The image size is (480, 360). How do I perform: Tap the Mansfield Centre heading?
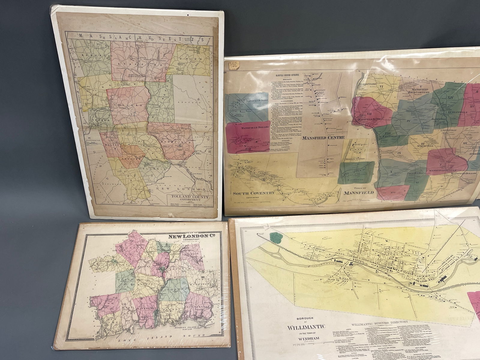point(323,138)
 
